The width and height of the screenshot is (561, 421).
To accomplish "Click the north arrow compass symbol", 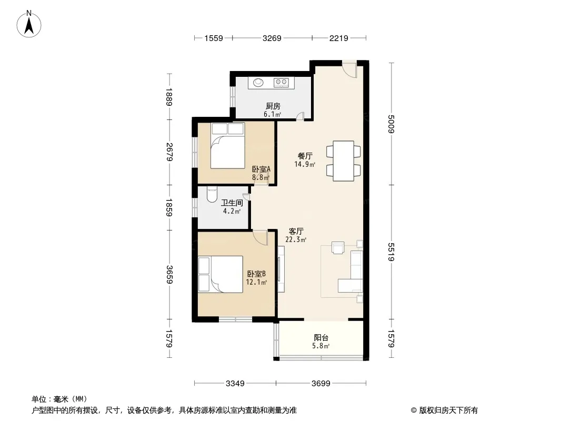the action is pos(29,24).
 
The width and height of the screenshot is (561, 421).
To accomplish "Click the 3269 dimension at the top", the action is pos(272,38).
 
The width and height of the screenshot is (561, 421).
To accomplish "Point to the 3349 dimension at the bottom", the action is pos(235,384).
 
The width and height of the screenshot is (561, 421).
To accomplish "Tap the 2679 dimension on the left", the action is pos(169,152).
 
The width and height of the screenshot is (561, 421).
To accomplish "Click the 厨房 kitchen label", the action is pos(273,106).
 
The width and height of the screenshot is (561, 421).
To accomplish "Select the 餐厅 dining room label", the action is pos(305,156).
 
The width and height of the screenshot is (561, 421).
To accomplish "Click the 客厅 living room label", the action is pos(296,232).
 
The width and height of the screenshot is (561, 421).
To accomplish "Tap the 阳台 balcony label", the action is pos(321,338).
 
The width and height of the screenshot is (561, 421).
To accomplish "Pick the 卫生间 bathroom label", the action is pos(232,203).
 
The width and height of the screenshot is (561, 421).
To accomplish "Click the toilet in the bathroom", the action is pos(212,194).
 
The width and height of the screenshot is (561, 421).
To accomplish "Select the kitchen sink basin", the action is pos(258,83).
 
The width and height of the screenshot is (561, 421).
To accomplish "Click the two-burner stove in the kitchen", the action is pos(281,83).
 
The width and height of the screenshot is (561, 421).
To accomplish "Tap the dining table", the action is pos(344,161).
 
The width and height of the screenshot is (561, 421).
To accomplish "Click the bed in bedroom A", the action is pos(227,146).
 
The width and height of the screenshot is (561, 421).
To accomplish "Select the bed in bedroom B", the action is pos(221,274).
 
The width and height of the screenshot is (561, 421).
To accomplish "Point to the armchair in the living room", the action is pos(338,248).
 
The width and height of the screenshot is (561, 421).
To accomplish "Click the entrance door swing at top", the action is pos(349,69).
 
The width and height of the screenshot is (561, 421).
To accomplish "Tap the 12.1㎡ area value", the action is pos(256,282).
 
